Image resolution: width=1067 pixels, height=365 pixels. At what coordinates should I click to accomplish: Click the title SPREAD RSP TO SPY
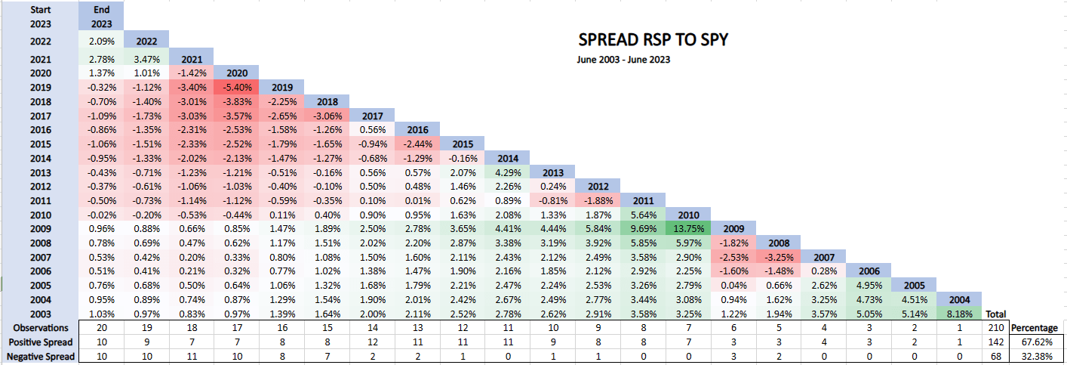(x=653, y=39)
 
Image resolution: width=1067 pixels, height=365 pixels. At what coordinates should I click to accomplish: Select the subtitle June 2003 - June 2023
(x=623, y=60)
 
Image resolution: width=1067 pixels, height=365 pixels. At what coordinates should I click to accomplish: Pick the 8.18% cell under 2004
(x=959, y=313)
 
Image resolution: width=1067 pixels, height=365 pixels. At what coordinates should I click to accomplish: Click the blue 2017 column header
(x=371, y=116)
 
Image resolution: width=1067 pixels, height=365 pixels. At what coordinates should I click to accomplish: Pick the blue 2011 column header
(x=644, y=200)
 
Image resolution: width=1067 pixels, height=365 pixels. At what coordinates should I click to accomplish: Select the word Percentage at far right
(x=1035, y=328)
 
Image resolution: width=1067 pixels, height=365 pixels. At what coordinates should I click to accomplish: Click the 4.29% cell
(x=507, y=172)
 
